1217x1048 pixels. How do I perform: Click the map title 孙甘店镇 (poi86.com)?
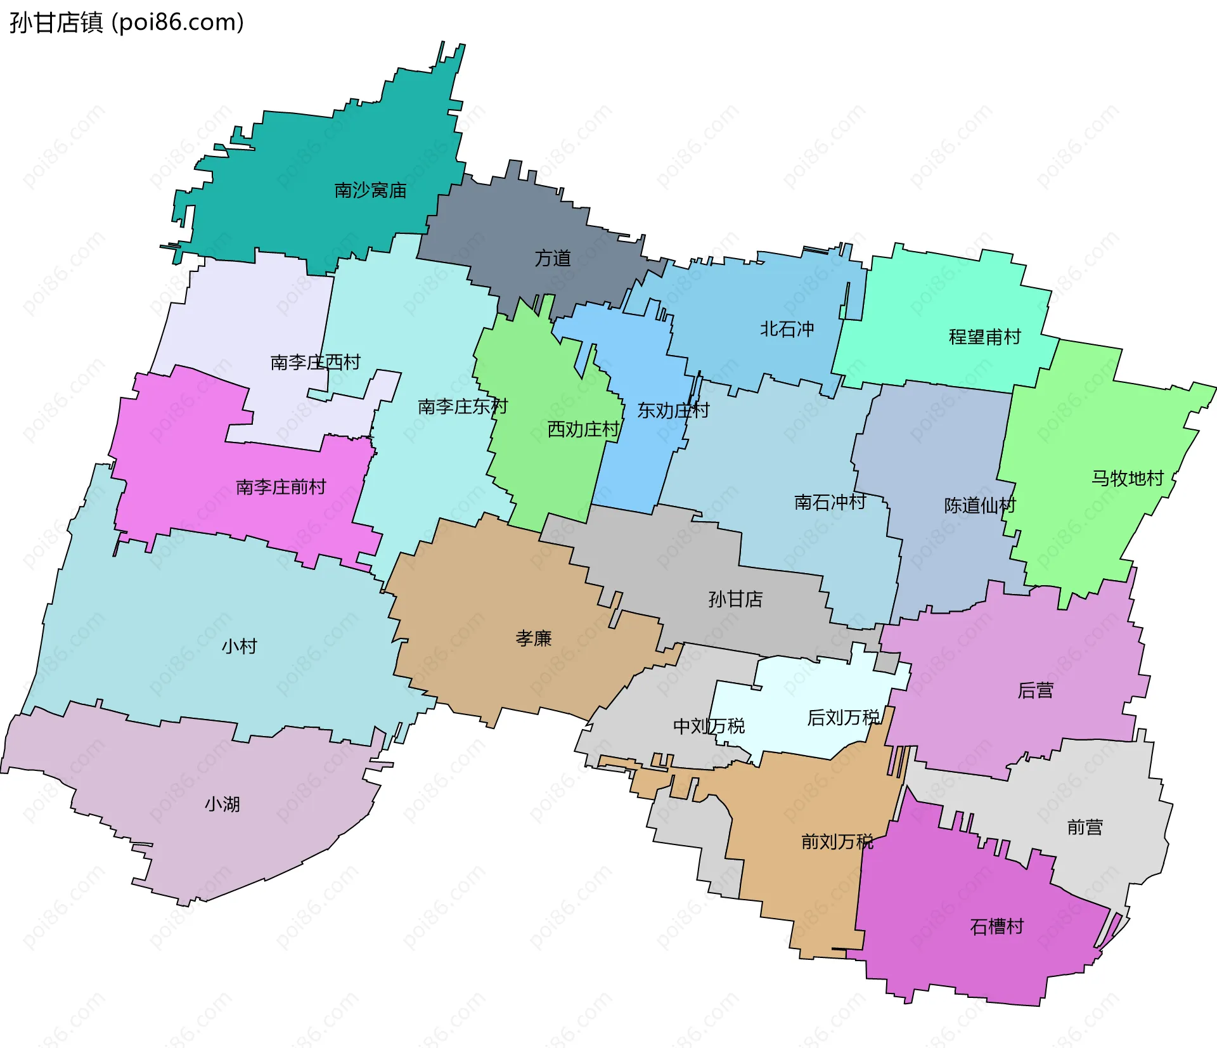[x=127, y=23]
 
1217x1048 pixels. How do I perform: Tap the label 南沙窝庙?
[x=370, y=190]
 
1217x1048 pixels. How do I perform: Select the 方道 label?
[x=553, y=258]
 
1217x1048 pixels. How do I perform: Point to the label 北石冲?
[x=787, y=329]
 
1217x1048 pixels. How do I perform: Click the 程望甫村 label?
[x=984, y=337]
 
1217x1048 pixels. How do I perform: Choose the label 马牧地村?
[x=1127, y=478]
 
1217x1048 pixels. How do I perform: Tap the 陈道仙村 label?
[x=980, y=505]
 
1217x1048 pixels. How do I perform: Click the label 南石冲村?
[x=830, y=502]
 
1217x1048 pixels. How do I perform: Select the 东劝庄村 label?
[x=673, y=411]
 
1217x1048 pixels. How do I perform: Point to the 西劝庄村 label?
[x=583, y=429]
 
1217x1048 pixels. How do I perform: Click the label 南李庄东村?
[x=463, y=406]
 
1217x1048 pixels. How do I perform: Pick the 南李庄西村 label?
[x=315, y=362]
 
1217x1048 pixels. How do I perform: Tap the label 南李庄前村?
[x=281, y=487]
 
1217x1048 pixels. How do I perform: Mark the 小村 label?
[x=239, y=646]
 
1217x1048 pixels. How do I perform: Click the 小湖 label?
[x=222, y=804]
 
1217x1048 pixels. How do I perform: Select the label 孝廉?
[x=533, y=638]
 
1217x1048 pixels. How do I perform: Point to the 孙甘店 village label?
[x=735, y=598]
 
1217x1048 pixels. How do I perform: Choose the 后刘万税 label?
[x=843, y=717]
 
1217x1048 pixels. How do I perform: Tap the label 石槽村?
[x=996, y=926]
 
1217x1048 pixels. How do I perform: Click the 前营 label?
[x=1085, y=827]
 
